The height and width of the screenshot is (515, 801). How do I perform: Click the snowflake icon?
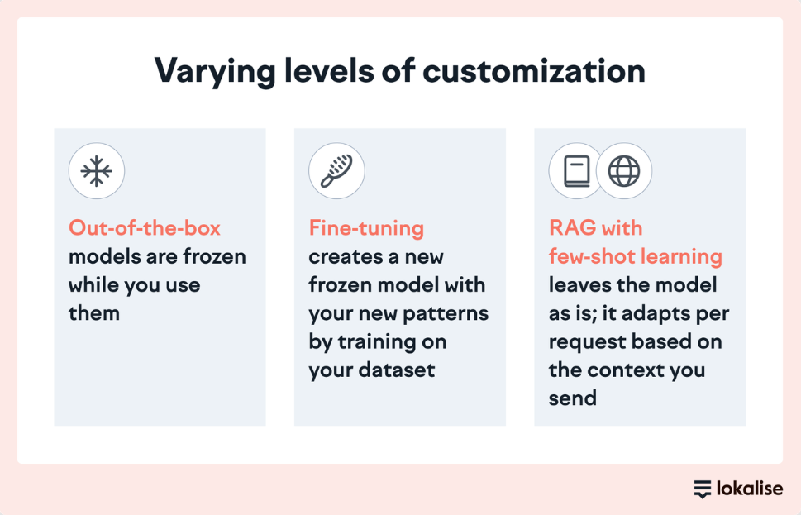coord(96,171)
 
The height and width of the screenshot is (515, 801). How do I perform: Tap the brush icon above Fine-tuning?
coord(336,171)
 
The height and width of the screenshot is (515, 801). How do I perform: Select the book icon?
coord(576,171)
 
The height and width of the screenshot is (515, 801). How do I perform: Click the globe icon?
coord(624,171)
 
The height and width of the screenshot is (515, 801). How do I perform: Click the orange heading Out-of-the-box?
coord(145,228)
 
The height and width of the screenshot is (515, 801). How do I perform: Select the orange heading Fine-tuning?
coord(366,228)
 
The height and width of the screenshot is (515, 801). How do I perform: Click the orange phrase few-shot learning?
coord(636,256)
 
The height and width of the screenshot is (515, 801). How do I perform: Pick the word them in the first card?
coord(94,313)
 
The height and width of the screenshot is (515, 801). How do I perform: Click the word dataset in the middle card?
coord(395,370)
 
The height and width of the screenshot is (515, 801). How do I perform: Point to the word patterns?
coord(447,313)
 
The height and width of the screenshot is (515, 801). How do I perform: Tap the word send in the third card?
coord(572,398)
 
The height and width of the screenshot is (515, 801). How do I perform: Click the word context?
coord(632,370)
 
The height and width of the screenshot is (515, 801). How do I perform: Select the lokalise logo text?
coord(750,489)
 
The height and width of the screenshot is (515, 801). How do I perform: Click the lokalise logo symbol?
coord(703,489)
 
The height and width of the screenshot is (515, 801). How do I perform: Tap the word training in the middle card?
coord(389,341)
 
